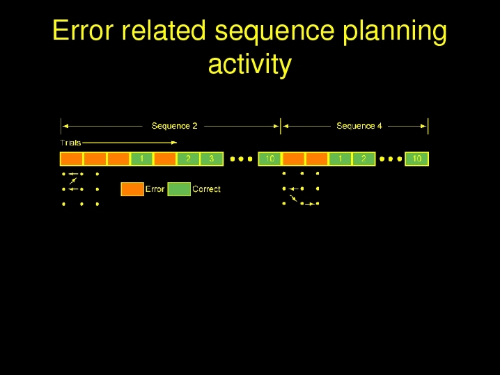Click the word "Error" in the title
point(83,31)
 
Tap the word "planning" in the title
point(395,32)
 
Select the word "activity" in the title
point(250,65)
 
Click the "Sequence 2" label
point(174,126)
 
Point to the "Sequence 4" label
point(359,126)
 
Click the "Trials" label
point(70,143)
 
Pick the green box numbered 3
point(212,159)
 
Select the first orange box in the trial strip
point(72,159)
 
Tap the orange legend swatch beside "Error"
point(132,189)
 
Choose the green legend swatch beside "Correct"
point(179,189)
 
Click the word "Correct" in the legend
point(206,189)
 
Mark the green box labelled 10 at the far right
point(416,159)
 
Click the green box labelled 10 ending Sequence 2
point(269,159)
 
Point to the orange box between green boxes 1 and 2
point(165,159)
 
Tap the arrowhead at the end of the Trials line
point(174,143)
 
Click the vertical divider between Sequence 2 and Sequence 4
point(281,126)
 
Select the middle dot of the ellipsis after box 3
point(241,159)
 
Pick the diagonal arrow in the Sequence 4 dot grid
point(293,198)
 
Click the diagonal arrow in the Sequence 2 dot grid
point(73,181)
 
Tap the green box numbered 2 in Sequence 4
point(364,159)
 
